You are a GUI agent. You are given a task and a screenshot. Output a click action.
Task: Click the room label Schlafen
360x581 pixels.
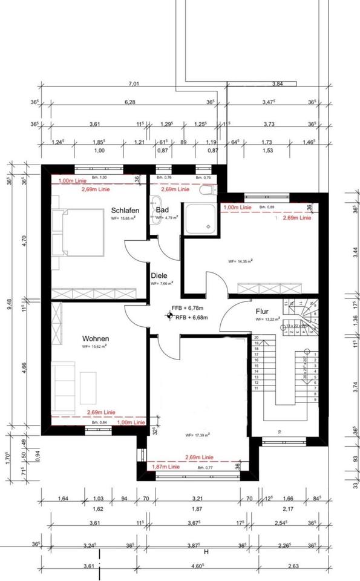click(125, 210)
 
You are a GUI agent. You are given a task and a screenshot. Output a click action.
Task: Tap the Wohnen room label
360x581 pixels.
click(96, 339)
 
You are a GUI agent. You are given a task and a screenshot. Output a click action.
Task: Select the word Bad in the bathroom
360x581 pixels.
click(162, 210)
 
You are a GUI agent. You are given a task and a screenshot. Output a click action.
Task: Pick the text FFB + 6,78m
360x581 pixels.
click(191, 309)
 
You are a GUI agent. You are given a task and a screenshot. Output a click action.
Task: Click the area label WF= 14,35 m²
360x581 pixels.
click(240, 261)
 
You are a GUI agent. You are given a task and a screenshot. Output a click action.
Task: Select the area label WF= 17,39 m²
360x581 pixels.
click(197, 435)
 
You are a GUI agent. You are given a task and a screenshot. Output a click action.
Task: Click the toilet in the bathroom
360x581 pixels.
click(207, 189)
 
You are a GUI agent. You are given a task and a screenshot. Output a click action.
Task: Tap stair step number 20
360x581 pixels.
click(256, 337)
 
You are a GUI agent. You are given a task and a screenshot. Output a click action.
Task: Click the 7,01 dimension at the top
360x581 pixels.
click(133, 84)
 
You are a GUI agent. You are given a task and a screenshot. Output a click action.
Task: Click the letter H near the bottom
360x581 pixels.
click(206, 552)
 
